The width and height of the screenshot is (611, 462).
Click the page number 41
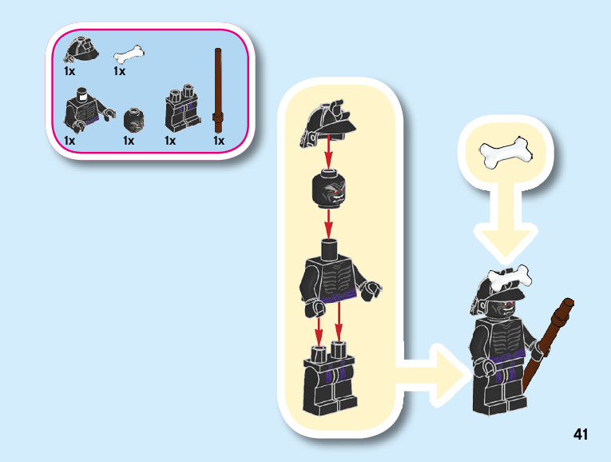[x=581, y=434]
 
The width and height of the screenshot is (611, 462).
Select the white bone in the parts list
[x=129, y=54]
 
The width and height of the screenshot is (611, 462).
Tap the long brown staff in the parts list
[x=217, y=88]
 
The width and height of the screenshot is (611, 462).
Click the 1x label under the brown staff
[x=219, y=141]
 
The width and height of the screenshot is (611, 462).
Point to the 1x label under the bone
[x=120, y=71]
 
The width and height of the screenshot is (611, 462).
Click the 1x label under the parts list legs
[x=170, y=141]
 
